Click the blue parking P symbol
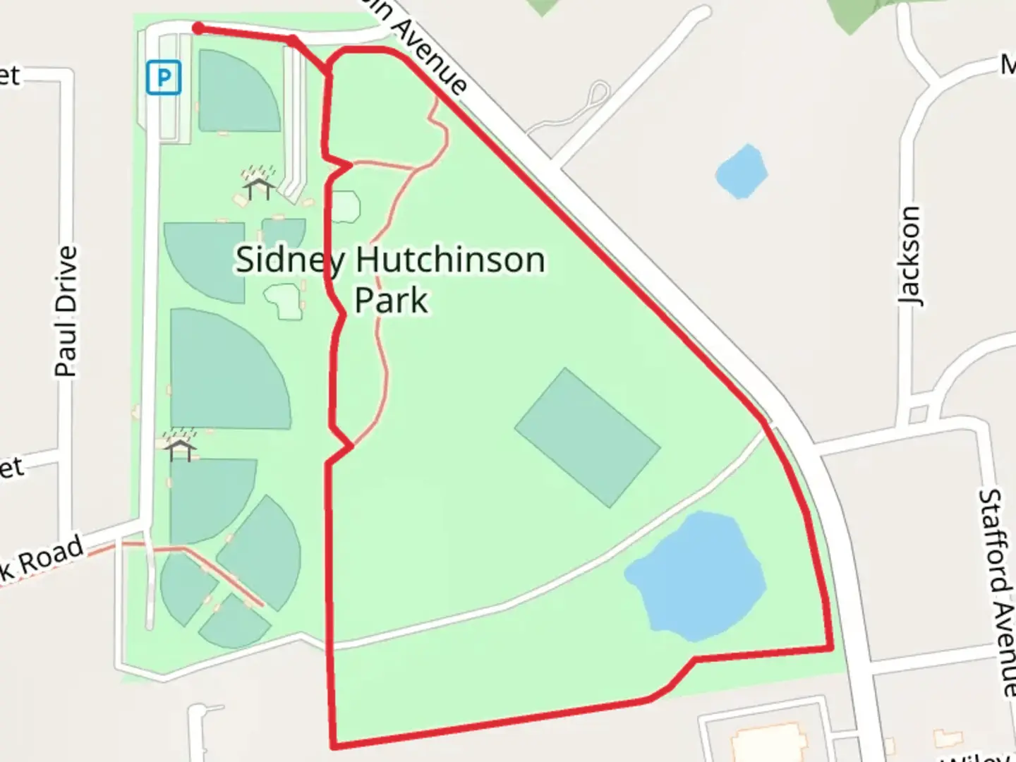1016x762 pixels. [164, 77]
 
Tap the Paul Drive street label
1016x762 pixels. [66, 310]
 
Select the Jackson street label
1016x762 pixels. [910, 255]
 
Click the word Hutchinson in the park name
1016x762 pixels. [450, 260]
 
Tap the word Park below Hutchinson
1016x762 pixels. [391, 300]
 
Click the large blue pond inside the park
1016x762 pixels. [696, 576]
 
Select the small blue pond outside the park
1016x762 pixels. [741, 171]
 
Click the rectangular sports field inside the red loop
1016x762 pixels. [587, 437]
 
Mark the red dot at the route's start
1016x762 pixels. [199, 28]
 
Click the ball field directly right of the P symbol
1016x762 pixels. [236, 92]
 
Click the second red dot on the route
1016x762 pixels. [292, 40]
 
